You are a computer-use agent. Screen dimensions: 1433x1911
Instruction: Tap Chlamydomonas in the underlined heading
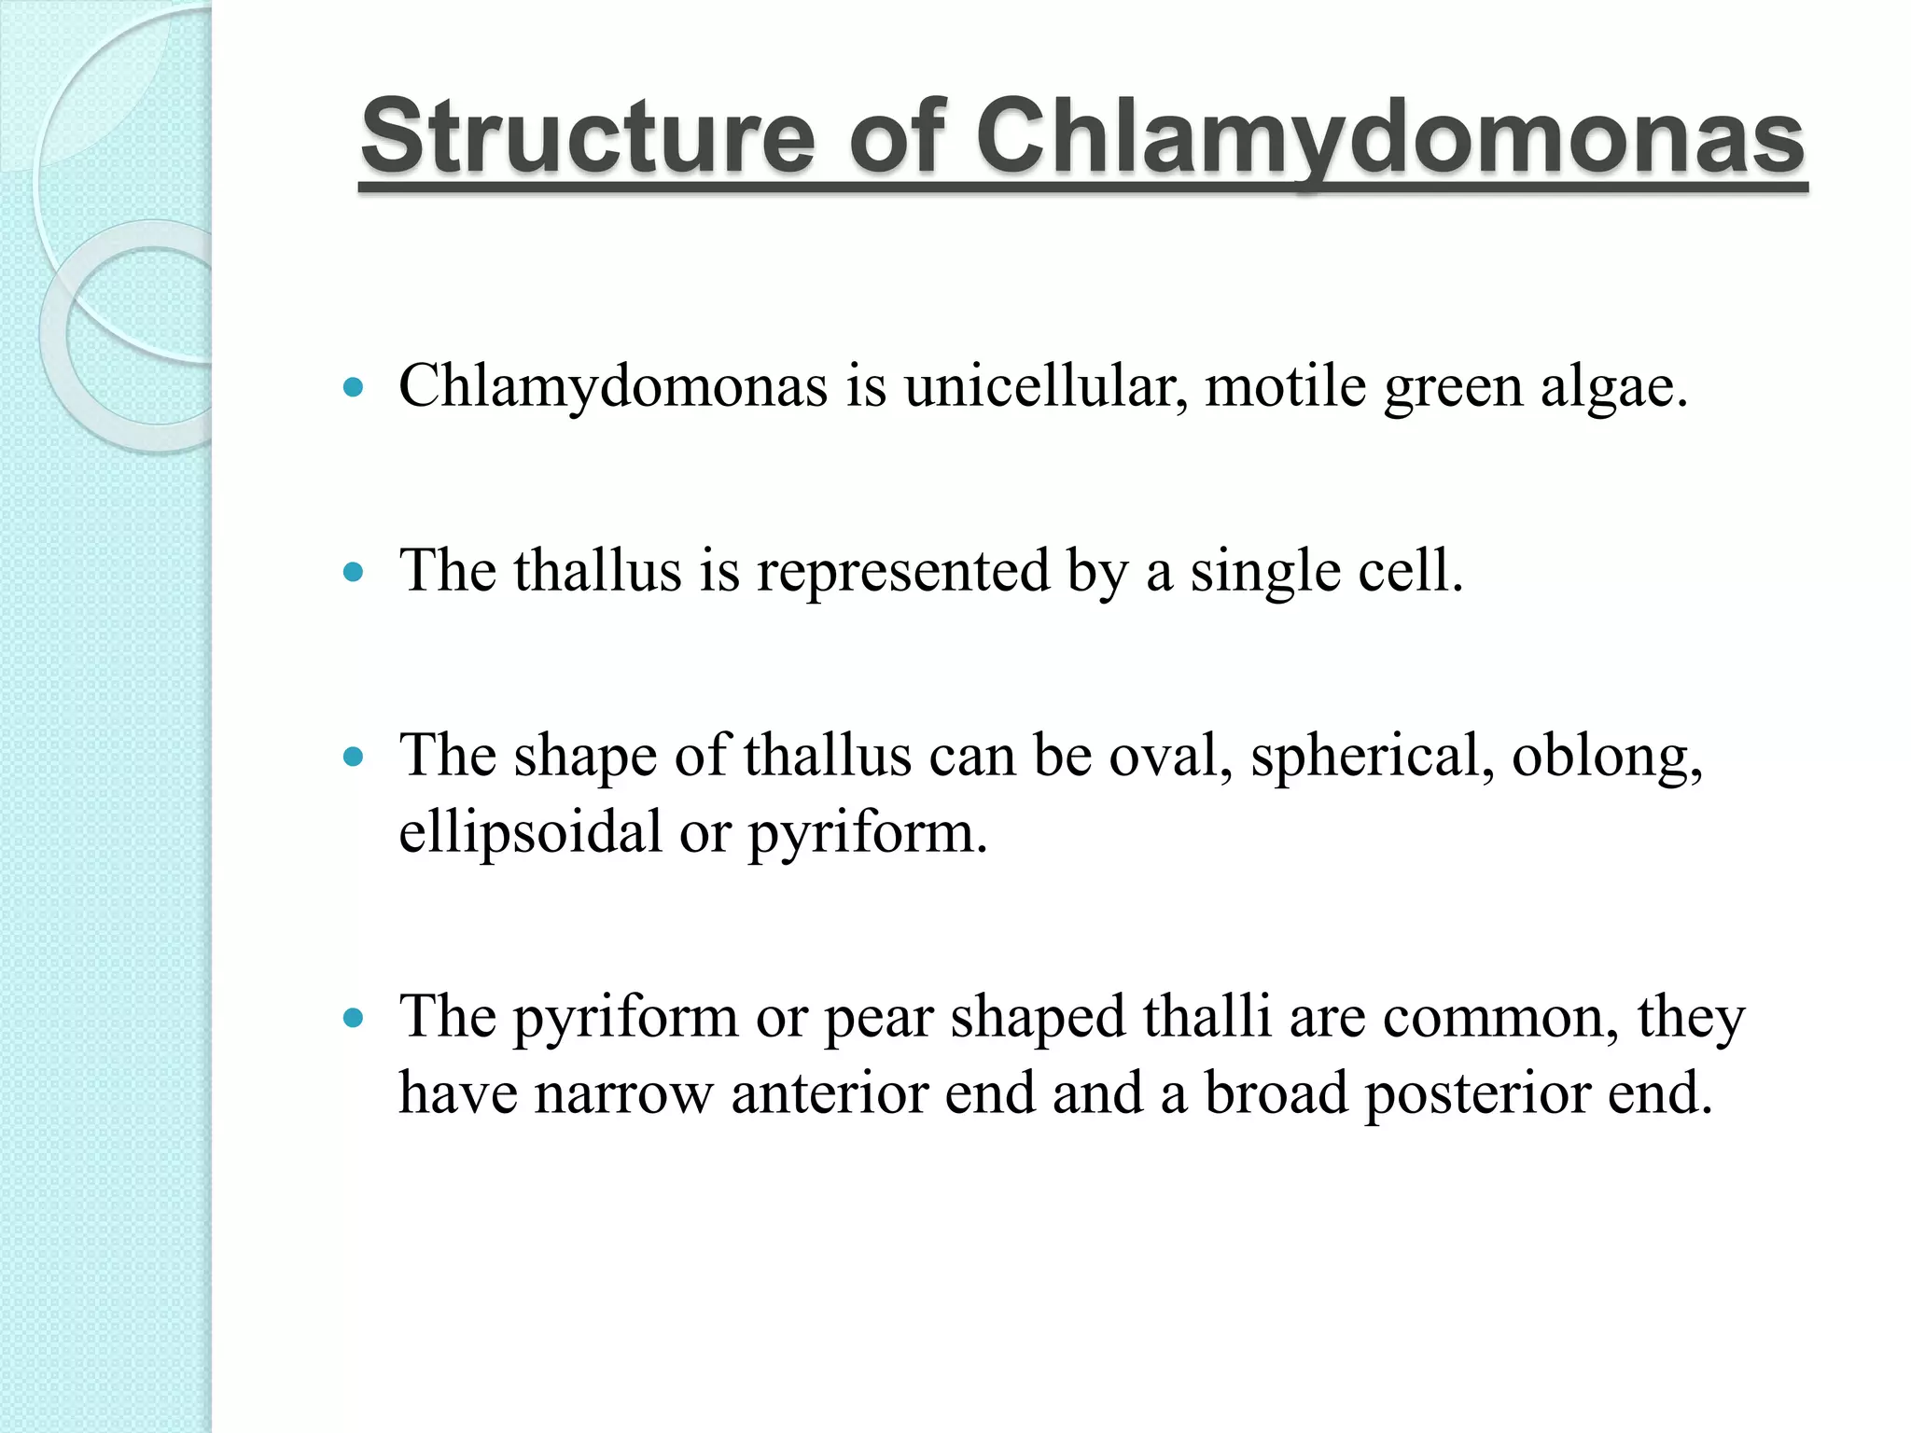[x=1390, y=137]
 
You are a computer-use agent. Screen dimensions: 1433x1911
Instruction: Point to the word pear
[x=878, y=1017]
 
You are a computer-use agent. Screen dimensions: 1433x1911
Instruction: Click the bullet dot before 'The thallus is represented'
[x=353, y=572]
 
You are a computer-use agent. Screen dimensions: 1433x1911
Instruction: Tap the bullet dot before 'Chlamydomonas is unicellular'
[x=353, y=386]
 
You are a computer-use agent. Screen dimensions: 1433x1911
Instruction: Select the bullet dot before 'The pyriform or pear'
[x=353, y=1018]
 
